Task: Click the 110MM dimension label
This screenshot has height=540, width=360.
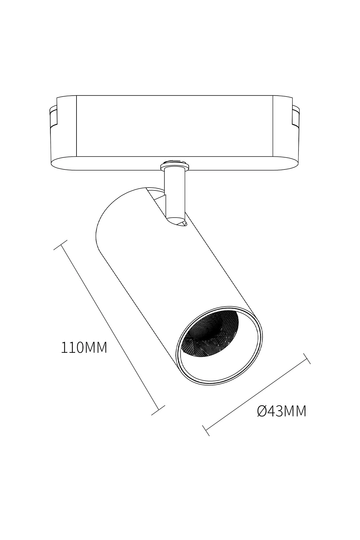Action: (x=84, y=347)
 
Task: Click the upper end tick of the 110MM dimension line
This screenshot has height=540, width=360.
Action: (x=60, y=245)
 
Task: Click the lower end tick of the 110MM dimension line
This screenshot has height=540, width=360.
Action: (x=158, y=410)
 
